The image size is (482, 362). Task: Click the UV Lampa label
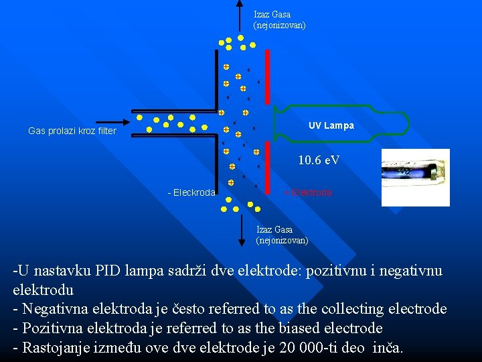331,125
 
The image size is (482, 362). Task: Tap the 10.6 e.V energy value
319,160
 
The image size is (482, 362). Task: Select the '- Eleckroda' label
191,192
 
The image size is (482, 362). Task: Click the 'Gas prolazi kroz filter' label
72,131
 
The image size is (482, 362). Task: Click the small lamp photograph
415,177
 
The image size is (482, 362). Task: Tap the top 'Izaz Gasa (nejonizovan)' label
279,19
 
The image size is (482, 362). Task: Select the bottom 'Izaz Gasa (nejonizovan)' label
282,235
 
